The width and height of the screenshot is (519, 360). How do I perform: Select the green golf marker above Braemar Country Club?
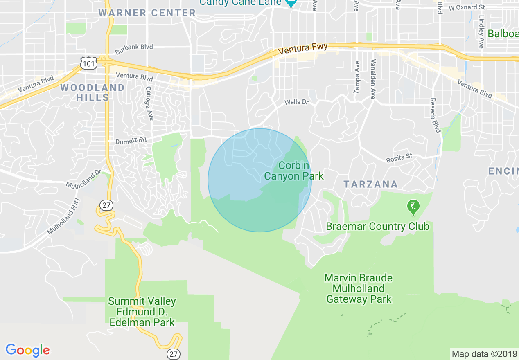click(413, 207)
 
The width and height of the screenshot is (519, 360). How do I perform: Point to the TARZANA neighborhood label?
click(371, 184)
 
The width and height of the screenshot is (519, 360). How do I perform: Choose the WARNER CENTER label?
click(147, 13)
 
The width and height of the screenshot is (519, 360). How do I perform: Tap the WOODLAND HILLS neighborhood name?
click(93, 92)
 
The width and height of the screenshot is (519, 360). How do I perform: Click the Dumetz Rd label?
click(131, 140)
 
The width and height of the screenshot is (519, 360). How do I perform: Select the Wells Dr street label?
click(296, 102)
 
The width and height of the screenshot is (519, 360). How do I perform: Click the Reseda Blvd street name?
click(435, 115)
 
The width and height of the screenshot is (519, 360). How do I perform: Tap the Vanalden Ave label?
click(372, 79)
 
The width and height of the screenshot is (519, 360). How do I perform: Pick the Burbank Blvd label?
click(134, 47)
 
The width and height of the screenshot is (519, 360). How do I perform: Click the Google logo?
click(27, 350)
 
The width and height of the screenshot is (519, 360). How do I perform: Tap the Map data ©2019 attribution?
click(484, 354)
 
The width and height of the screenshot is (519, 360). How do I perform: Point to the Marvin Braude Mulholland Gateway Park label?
click(359, 289)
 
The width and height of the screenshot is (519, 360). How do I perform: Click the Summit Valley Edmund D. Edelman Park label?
click(142, 312)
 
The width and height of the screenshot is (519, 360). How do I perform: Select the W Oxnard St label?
click(467, 7)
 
